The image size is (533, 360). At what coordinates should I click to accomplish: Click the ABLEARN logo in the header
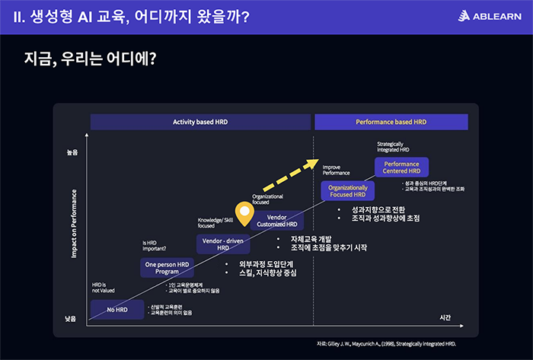pos(489,17)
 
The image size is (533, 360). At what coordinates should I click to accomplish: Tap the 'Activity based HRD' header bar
pos(200,122)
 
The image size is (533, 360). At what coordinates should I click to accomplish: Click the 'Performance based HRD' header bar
pos(391,122)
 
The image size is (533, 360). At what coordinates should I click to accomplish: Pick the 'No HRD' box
pos(116,310)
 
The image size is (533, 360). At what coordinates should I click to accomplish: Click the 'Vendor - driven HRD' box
pos(222,244)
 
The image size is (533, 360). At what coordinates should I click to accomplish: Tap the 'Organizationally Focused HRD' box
pos(348,191)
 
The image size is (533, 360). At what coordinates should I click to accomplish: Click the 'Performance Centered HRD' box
pos(402,167)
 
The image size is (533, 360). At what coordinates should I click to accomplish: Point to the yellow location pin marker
pos(244,214)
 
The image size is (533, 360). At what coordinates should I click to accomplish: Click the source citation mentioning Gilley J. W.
pos(387,343)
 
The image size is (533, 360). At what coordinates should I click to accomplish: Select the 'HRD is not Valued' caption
pos(103,287)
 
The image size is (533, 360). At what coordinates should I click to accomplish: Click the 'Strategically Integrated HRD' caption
pos(393,147)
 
